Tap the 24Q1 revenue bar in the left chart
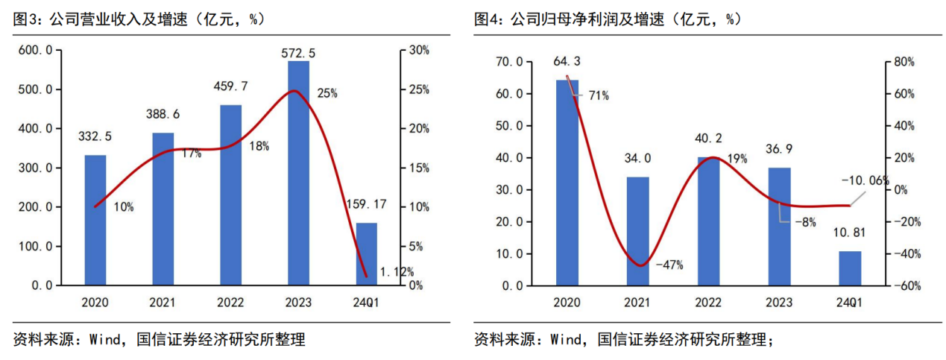coord(366,253)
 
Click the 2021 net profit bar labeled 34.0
coord(637,231)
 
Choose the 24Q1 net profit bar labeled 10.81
coord(850,268)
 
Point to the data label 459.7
coord(230,87)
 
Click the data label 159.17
coord(366,203)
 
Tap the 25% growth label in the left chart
coord(327,94)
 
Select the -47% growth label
coord(669,264)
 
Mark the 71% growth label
coord(597,95)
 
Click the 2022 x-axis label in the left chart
coord(230,303)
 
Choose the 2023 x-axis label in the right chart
coord(779,303)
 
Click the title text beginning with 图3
coord(139,19)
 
